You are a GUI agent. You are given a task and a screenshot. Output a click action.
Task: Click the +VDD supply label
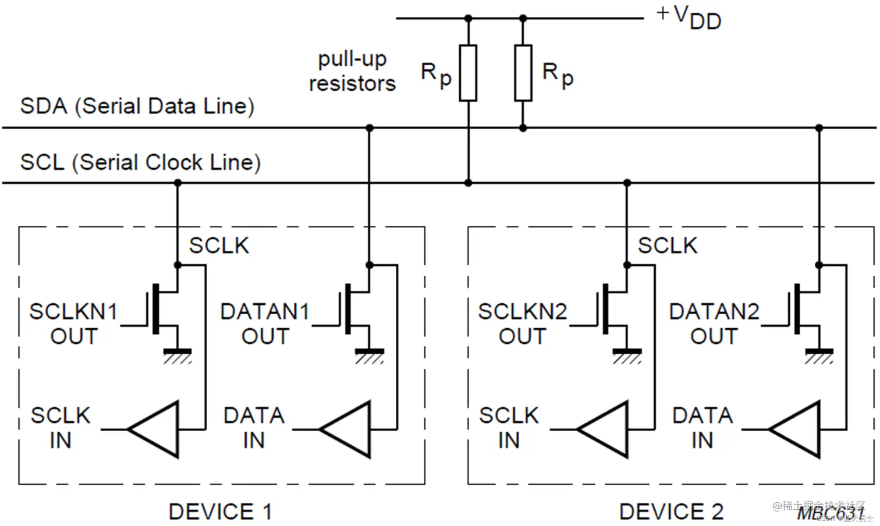689,17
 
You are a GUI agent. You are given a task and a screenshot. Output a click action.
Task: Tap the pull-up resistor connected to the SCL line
468,73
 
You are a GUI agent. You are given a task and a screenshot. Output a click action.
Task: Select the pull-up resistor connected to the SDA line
523,73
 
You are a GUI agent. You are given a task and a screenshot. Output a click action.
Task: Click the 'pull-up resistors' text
352,71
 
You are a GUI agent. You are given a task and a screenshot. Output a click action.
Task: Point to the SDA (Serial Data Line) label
137,106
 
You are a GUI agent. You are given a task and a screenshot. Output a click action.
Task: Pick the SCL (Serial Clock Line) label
140,162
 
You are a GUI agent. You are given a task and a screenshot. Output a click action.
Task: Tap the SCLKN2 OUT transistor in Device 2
612,308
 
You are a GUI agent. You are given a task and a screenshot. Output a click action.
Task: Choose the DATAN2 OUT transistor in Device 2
804,308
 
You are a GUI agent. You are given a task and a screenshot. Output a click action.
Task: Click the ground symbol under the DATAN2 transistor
819,354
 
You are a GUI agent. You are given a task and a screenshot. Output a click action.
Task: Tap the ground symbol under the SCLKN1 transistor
178,354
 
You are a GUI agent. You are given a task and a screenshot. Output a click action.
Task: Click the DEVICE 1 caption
220,512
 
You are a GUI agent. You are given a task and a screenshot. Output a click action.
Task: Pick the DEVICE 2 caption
671,512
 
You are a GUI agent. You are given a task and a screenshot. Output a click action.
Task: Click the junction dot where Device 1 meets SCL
178,183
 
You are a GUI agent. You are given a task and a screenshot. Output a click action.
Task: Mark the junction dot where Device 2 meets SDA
819,128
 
